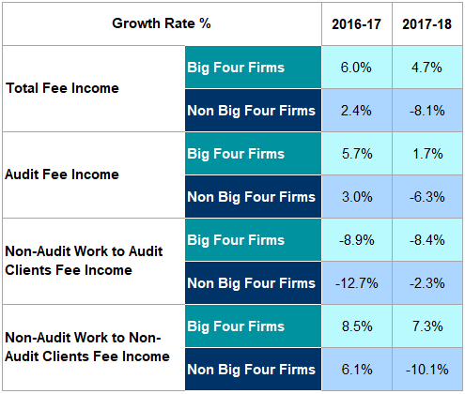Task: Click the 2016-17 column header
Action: [354, 23]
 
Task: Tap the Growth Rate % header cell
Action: [162, 23]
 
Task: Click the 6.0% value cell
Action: [354, 68]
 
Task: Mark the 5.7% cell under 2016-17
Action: [354, 154]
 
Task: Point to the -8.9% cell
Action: [354, 239]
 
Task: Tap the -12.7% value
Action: [354, 282]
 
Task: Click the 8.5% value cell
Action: [354, 326]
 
